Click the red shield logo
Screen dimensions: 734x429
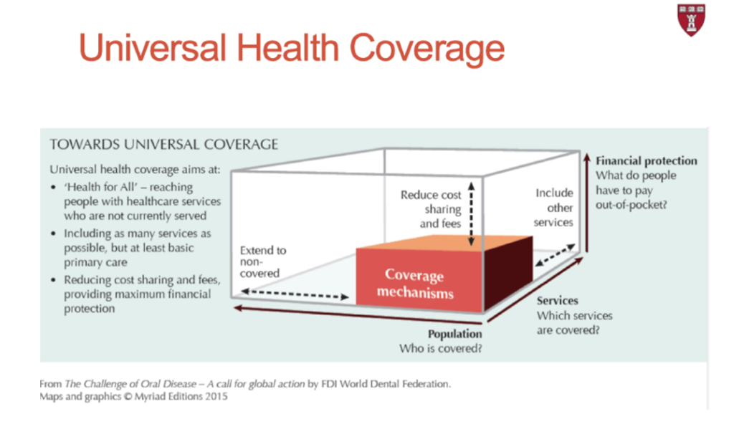[691, 19]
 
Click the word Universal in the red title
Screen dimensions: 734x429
[153, 48]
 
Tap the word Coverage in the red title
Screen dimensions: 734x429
[427, 49]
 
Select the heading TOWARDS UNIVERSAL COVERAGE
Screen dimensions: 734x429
[164, 144]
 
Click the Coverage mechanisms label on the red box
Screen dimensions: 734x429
[415, 284]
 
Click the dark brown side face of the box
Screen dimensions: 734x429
[508, 273]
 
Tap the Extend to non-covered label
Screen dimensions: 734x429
[263, 261]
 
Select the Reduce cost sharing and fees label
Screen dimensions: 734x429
[431, 209]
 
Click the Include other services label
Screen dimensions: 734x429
[553, 207]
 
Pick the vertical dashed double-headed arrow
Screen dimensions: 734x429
[472, 214]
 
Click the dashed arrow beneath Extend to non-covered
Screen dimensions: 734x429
[295, 294]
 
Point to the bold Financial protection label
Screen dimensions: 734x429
[646, 161]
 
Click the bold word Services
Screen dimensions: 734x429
[557, 300]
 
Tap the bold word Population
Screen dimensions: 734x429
[454, 334]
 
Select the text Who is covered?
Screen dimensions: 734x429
[441, 349]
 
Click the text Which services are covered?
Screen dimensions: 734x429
[574, 323]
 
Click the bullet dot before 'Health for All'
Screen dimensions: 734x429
[53, 187]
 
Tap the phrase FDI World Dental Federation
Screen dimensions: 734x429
[386, 384]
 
